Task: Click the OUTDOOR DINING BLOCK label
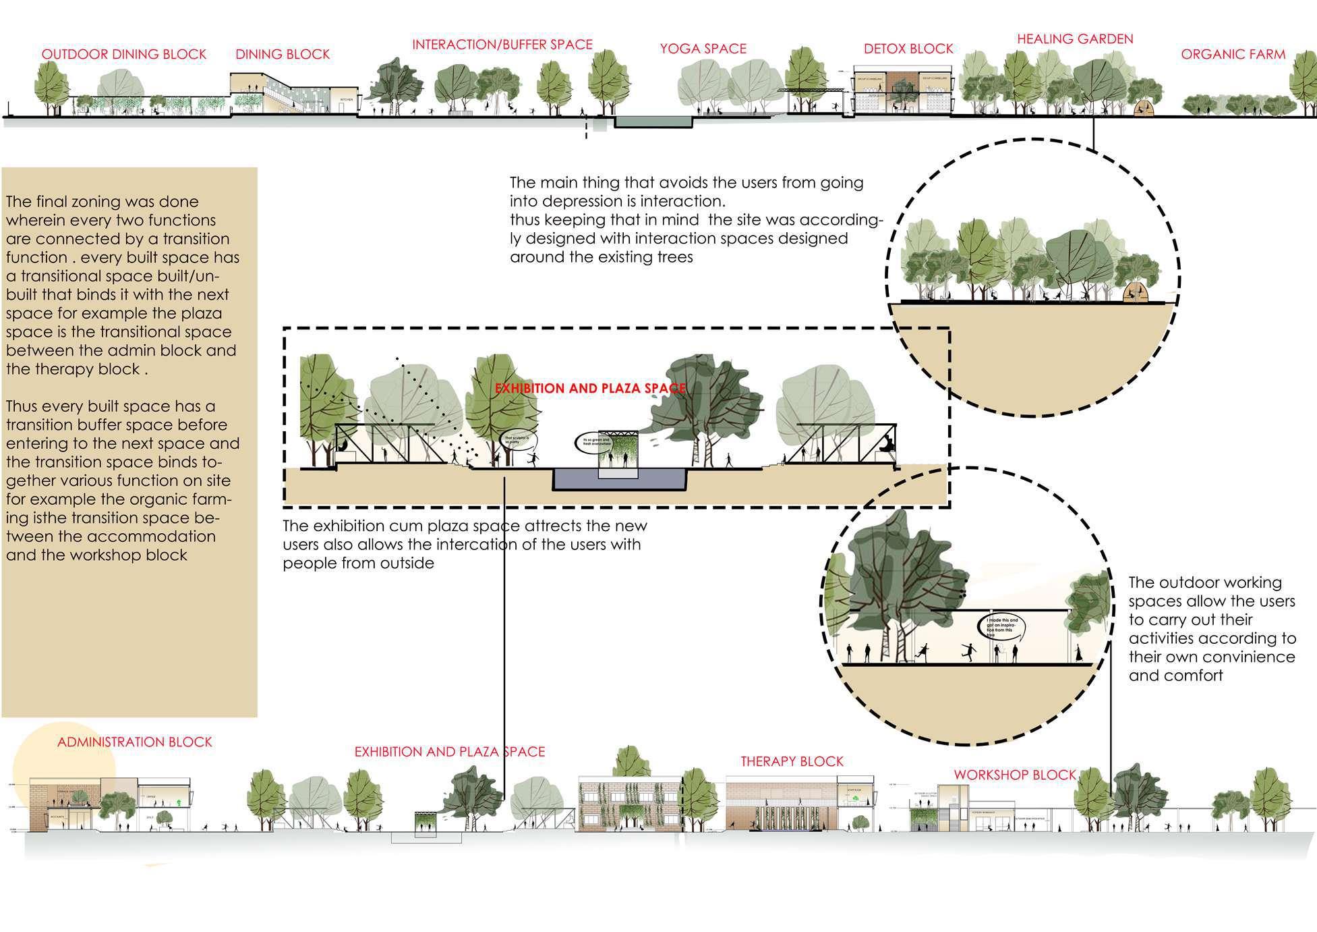124,55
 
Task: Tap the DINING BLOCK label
283,55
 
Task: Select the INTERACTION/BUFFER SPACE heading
502,45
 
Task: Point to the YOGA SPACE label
703,49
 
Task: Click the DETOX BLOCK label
908,49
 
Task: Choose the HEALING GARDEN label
1075,39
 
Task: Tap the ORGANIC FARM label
1233,55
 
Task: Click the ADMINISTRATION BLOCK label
134,742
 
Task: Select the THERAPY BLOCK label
792,762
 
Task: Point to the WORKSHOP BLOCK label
1014,775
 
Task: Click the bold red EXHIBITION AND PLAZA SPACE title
590,389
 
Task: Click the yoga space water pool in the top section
654,122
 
